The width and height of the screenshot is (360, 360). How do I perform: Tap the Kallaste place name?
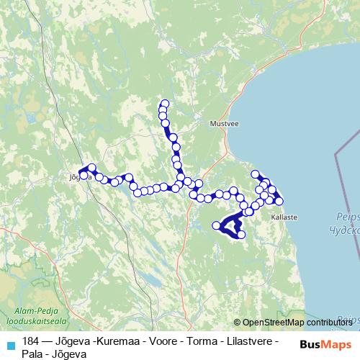[284, 216]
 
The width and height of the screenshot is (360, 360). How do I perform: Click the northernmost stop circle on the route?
[164, 104]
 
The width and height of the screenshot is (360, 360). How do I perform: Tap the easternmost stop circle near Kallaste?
[279, 201]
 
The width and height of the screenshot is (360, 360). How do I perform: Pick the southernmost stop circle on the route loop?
[241, 235]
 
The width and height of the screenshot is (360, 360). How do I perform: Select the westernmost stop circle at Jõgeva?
[84, 175]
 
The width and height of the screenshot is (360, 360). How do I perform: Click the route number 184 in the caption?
[31, 340]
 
